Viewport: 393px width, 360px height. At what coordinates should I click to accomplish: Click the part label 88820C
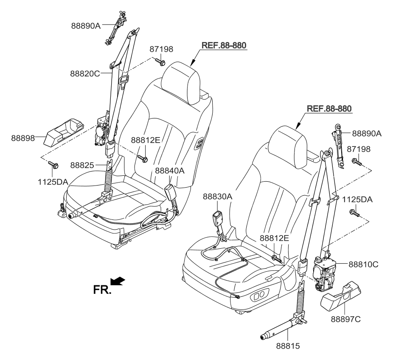point(85,73)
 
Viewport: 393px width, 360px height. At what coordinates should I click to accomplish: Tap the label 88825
point(82,165)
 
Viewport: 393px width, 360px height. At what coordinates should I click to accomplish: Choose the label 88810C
point(363,264)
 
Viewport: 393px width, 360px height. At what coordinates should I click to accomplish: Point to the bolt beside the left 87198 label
point(160,62)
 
